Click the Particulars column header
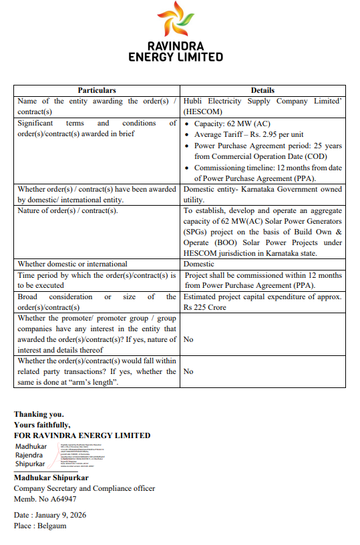click(97, 90)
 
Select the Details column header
click(262, 90)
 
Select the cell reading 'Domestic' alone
click(199, 264)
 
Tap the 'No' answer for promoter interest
click(188, 339)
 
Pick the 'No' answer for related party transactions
click(188, 371)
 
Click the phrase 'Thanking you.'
click(39, 414)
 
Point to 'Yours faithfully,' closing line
click(42, 425)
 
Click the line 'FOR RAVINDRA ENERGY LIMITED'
click(82, 435)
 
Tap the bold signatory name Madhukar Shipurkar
click(51, 478)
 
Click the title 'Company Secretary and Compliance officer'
click(84, 488)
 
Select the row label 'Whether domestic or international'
click(72, 264)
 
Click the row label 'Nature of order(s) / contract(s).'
click(67, 211)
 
